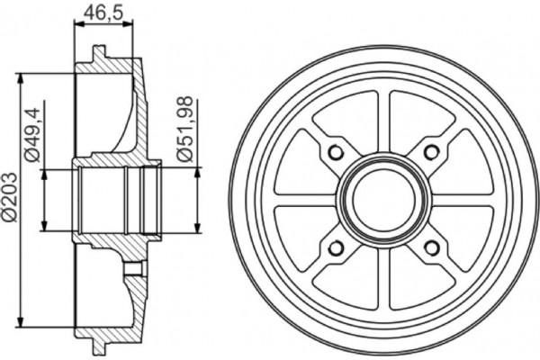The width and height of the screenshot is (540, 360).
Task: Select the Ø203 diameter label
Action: [8, 195]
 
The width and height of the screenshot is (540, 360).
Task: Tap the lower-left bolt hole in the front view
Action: [336, 247]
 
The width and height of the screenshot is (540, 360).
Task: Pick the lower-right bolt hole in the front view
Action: [432, 247]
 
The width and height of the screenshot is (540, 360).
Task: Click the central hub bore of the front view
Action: [383, 199]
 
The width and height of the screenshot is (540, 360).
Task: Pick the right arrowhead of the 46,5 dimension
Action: [136, 27]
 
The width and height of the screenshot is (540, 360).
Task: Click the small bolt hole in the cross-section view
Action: [134, 267]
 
